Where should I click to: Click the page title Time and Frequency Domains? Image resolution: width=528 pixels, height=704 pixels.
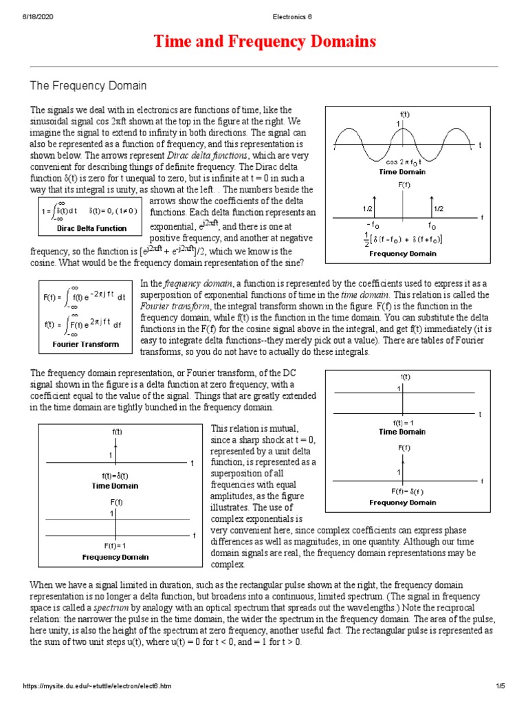point(263,42)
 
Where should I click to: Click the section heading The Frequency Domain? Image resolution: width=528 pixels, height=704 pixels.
point(88,85)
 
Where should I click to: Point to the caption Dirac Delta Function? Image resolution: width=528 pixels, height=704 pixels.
point(91,228)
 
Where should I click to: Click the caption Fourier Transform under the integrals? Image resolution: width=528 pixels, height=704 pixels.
point(86,344)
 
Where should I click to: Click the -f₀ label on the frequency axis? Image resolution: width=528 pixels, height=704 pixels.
point(373,225)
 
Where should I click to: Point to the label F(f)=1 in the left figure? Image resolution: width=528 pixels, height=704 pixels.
point(115,545)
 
